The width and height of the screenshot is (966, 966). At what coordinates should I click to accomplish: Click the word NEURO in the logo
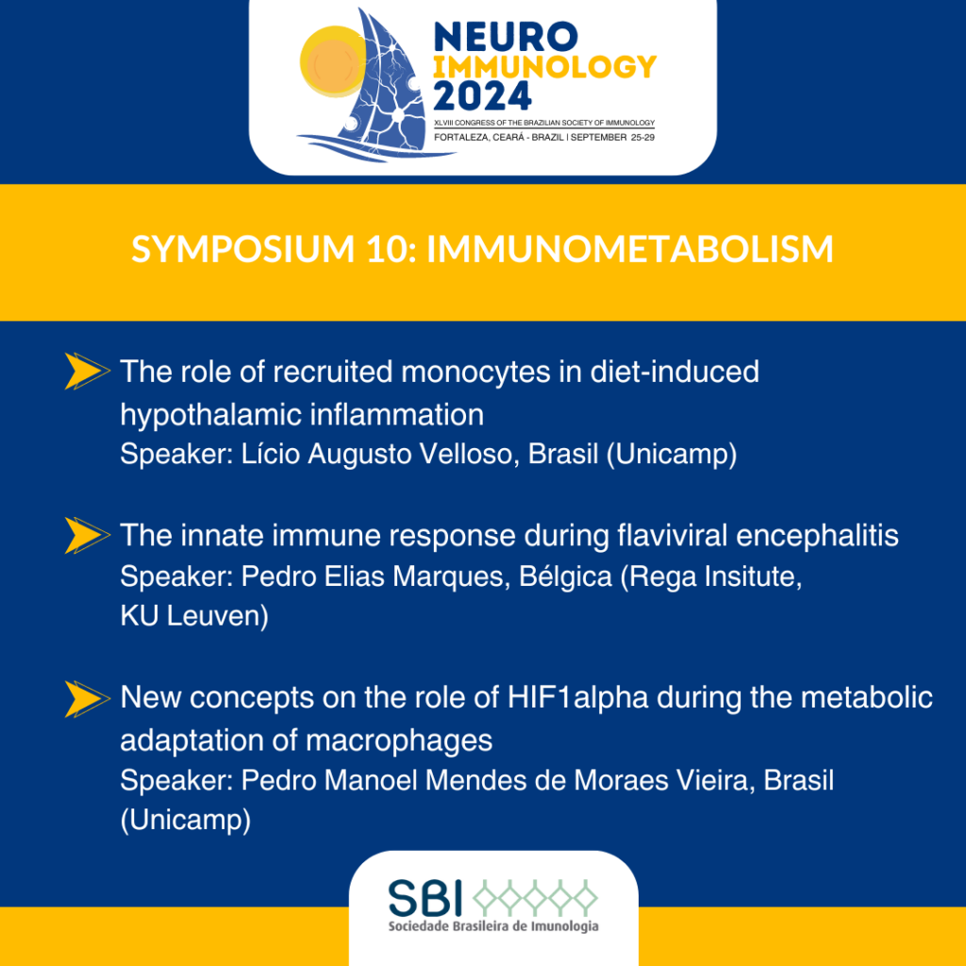pyautogui.click(x=506, y=37)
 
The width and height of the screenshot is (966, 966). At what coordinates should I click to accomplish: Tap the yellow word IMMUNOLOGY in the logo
pyautogui.click(x=545, y=67)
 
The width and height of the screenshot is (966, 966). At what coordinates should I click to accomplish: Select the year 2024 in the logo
pyautogui.click(x=482, y=96)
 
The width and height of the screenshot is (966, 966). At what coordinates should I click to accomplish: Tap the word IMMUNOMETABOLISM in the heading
pyautogui.click(x=629, y=249)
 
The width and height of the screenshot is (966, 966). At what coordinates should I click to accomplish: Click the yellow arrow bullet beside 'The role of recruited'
pyautogui.click(x=87, y=371)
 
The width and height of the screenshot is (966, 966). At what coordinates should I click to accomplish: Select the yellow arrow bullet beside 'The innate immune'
pyautogui.click(x=87, y=535)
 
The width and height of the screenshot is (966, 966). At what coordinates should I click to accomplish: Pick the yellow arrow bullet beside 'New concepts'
pyautogui.click(x=87, y=699)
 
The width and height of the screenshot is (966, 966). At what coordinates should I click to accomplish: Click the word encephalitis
pyautogui.click(x=817, y=536)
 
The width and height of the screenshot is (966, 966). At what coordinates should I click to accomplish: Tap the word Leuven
pyautogui.click(x=218, y=617)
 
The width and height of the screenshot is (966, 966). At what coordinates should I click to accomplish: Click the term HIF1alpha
pyautogui.click(x=578, y=699)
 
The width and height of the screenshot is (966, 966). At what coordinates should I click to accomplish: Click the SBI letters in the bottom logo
pyautogui.click(x=425, y=897)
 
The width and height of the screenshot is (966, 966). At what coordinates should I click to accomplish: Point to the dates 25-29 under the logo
pyautogui.click(x=642, y=138)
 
